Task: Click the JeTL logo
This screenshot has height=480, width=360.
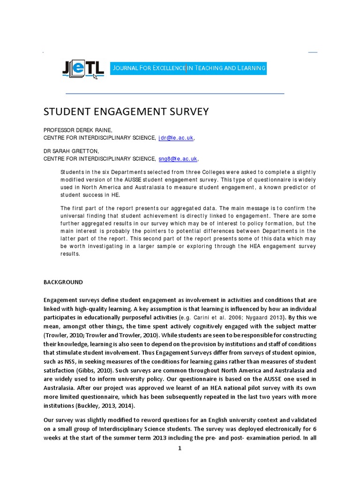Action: (x=82, y=69)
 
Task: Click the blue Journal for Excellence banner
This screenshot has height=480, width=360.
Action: (x=188, y=68)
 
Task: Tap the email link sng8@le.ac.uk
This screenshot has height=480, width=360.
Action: (x=178, y=159)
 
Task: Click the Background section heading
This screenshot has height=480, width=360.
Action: (x=63, y=282)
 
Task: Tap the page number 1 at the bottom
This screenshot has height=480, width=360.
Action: (x=179, y=448)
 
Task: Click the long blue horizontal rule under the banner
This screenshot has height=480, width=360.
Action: (x=174, y=94)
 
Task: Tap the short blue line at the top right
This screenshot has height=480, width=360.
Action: (x=313, y=52)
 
